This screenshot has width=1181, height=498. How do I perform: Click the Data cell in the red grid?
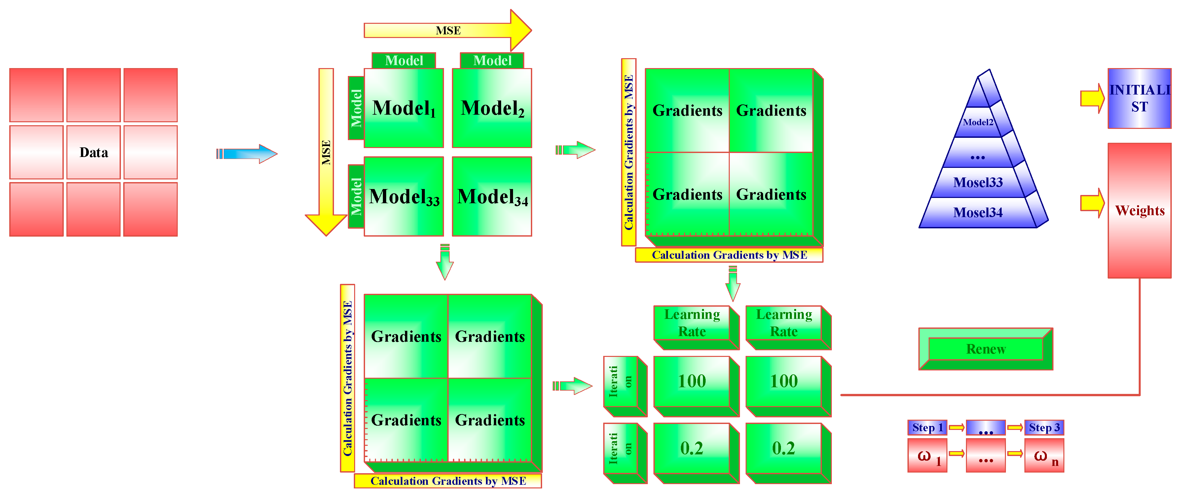click(93, 152)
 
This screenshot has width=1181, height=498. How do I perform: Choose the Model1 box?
click(403, 108)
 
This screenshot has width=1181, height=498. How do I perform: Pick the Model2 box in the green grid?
click(492, 108)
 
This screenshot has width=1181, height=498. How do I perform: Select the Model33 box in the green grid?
click(403, 197)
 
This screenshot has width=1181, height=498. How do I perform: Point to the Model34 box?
click(492, 197)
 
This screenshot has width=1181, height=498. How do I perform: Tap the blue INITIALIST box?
click(1139, 98)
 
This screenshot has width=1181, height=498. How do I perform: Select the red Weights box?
click(1139, 211)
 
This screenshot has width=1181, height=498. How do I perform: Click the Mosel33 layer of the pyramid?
click(978, 182)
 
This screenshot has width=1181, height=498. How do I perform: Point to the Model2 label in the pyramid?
click(978, 122)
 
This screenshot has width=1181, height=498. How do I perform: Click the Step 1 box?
click(927, 427)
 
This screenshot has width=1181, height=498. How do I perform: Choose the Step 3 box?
click(1044, 427)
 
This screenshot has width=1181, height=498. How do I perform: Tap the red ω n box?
click(1044, 456)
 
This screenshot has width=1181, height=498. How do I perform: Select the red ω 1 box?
click(927, 456)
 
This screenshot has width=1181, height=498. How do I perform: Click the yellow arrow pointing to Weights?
click(1092, 203)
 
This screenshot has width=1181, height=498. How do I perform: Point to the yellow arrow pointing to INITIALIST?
click(1092, 98)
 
